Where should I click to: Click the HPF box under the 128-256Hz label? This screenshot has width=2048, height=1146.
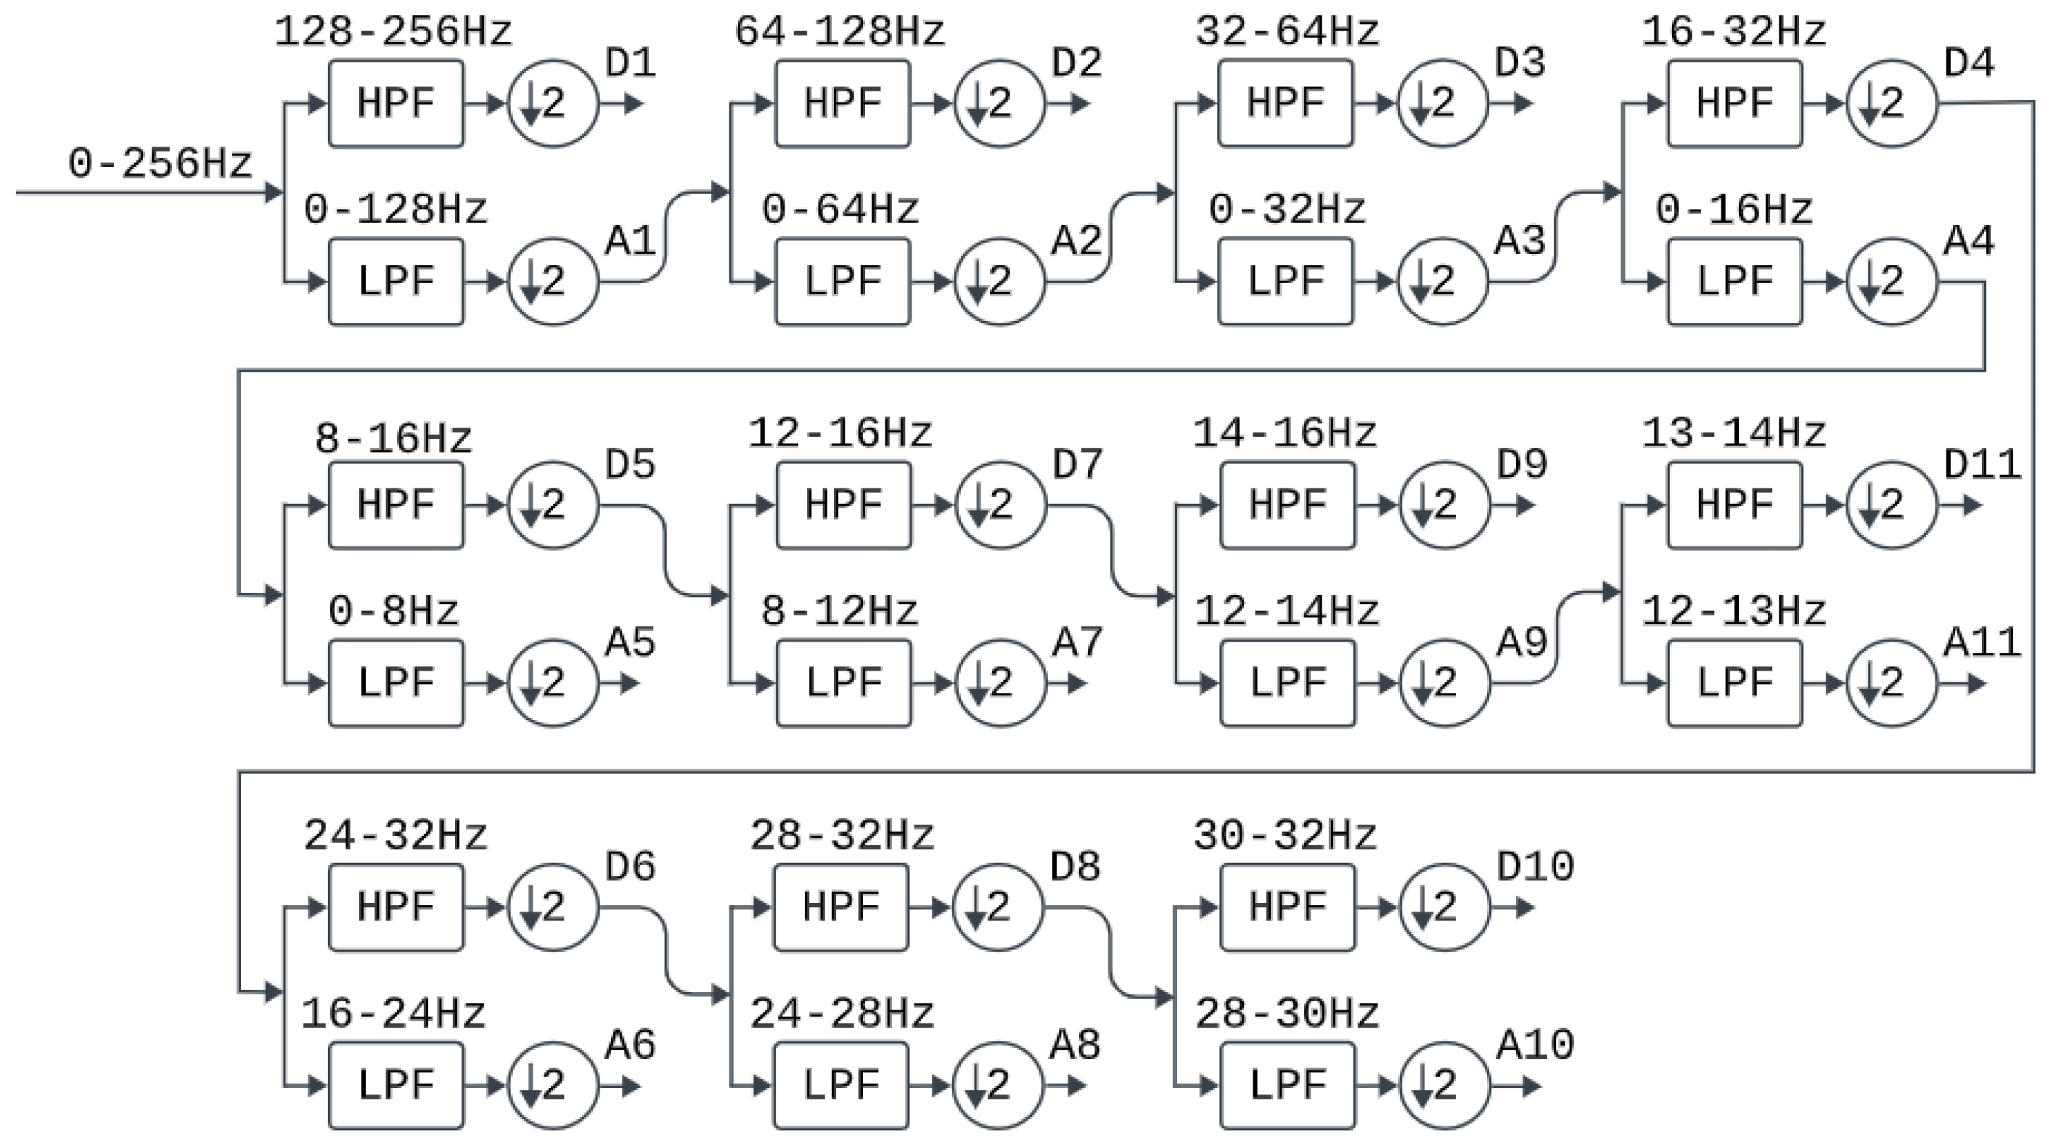tap(396, 103)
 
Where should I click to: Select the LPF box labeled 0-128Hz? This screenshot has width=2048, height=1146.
tap(396, 282)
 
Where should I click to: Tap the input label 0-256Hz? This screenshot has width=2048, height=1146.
tap(160, 165)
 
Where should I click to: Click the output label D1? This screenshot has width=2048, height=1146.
tap(631, 64)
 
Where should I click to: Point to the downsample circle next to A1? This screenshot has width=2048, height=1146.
tap(552, 282)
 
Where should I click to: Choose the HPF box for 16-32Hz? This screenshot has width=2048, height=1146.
tap(1734, 103)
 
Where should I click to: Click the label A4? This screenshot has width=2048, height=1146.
tap(1968, 241)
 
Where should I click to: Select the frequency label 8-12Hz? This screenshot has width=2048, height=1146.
tap(840, 612)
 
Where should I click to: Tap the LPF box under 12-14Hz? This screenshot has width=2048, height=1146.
tap(1287, 683)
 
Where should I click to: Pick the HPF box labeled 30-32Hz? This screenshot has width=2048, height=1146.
tap(1287, 907)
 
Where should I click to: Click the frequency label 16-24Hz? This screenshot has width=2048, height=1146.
tap(393, 1014)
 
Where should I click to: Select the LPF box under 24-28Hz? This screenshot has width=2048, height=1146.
tap(840, 1086)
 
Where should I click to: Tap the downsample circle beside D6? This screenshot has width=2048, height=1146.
tap(552, 907)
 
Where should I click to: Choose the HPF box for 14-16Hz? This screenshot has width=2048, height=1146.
tap(1287, 505)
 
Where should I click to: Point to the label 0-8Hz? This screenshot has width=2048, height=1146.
tap(393, 612)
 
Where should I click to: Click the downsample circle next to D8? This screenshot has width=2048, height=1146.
tap(998, 907)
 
